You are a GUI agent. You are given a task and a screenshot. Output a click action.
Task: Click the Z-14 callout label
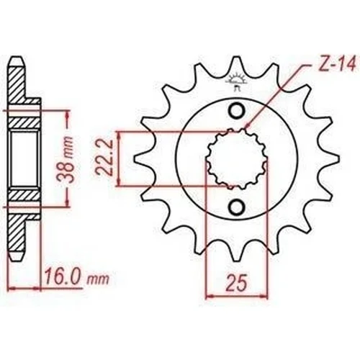coord(336,64)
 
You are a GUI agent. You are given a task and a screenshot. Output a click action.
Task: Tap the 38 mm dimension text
coord(66,159)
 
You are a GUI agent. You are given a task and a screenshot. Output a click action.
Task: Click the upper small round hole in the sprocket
coord(237,110)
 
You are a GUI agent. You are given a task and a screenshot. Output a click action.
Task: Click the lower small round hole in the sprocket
coord(237,207)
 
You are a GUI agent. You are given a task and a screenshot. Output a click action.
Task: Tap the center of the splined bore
coord(237,158)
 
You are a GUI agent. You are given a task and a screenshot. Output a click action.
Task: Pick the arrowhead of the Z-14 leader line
coord(246,127)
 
